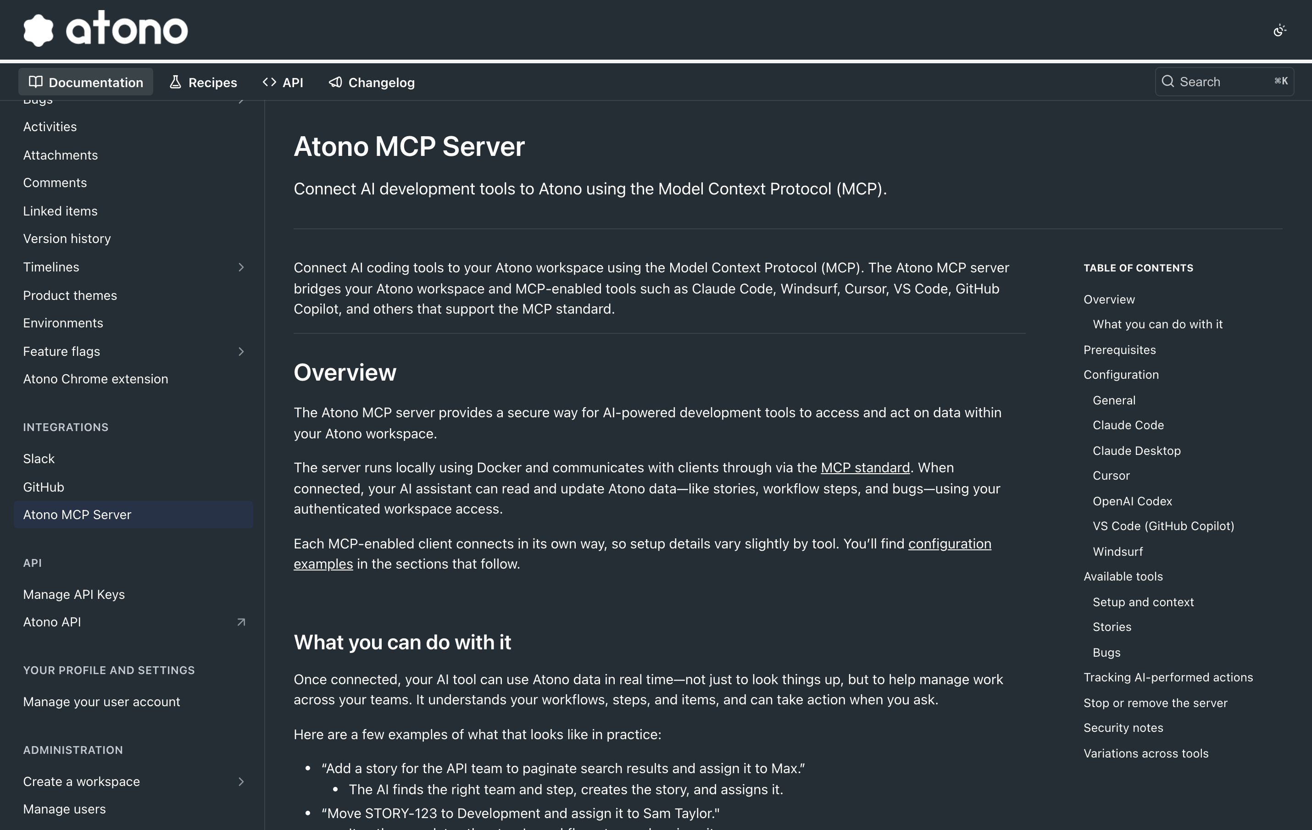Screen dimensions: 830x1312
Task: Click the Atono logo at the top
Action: point(106,29)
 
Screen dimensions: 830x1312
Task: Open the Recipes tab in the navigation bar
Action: point(203,82)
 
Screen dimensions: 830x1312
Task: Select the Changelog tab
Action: point(372,82)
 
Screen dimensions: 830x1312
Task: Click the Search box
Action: point(1224,82)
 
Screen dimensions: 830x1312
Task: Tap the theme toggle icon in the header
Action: point(1280,31)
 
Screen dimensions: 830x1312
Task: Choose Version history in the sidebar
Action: point(67,238)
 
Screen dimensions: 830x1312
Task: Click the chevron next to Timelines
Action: point(241,267)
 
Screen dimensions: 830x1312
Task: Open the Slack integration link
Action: point(39,459)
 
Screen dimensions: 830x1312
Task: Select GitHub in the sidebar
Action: point(44,487)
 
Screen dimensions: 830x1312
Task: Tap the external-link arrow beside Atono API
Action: point(241,622)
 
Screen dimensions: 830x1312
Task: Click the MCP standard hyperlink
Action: point(865,467)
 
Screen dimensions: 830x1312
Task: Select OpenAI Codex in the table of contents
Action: point(1132,501)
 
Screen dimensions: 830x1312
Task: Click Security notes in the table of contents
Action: point(1123,728)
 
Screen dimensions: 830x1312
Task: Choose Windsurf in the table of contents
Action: point(1117,551)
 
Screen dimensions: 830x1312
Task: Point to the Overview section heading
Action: point(345,372)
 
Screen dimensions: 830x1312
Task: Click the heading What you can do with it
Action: point(402,642)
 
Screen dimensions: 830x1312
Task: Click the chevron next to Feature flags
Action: point(241,351)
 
